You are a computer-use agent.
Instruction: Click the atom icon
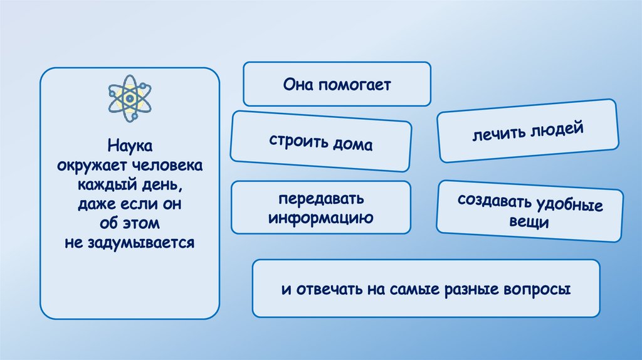point(130,98)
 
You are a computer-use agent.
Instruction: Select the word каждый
point(104,186)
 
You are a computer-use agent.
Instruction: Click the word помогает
point(354,84)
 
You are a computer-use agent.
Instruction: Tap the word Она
point(298,84)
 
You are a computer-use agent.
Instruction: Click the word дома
point(355,145)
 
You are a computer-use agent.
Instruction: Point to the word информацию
point(321,218)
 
